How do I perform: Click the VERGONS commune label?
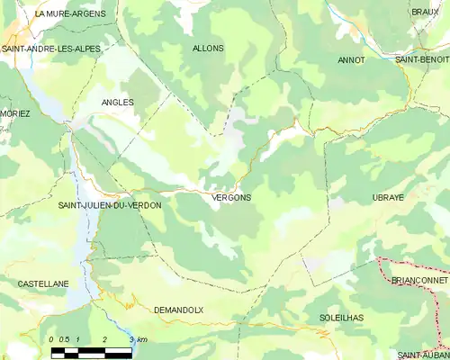coord(232,197)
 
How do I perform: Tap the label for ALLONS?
coord(208,48)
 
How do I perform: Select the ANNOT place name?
coord(351,60)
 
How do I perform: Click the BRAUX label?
coord(425,12)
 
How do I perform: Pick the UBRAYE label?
coord(391,196)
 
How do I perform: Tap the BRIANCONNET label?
coord(419,281)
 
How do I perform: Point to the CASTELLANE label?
coord(43,283)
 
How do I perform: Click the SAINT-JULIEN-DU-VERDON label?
coord(110,206)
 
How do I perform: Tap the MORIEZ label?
coord(15,113)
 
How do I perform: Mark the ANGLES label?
coord(118,103)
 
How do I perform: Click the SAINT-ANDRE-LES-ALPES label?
coord(50,48)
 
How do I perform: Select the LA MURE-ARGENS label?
coord(70,14)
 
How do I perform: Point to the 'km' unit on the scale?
coord(142,339)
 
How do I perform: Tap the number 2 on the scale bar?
coord(105,339)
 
